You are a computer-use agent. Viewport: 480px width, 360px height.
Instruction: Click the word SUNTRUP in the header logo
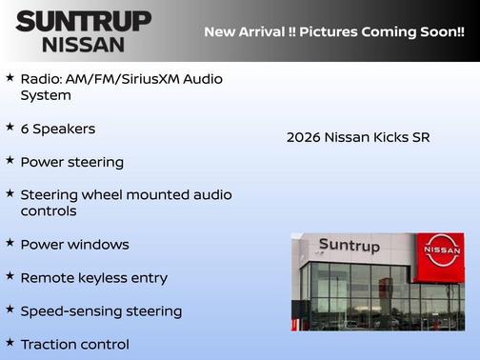(84, 22)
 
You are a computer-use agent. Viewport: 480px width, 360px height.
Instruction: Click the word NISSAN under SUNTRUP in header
(83, 44)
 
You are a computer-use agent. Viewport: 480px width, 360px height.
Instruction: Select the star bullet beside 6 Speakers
(10, 127)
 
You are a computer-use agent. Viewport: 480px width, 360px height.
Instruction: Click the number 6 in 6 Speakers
(25, 129)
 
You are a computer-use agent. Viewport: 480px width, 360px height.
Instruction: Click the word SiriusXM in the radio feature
(159, 79)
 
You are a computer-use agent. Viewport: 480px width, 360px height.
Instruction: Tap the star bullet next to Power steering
(10, 160)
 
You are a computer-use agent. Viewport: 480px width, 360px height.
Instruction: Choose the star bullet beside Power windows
(10, 242)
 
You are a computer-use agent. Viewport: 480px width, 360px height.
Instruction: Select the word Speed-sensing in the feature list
(67, 311)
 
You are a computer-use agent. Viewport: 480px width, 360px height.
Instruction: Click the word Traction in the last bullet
(48, 344)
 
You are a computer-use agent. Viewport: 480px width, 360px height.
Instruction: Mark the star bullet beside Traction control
(10, 341)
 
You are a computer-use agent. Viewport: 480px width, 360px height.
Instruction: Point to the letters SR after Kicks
(420, 138)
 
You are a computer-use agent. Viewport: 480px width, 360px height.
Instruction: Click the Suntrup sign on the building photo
(349, 246)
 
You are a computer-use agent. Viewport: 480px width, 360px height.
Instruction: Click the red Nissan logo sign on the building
(442, 250)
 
